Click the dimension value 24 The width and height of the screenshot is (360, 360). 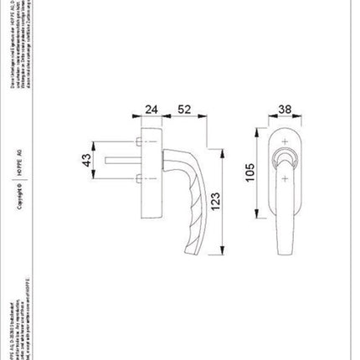pyautogui.click(x=152, y=110)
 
